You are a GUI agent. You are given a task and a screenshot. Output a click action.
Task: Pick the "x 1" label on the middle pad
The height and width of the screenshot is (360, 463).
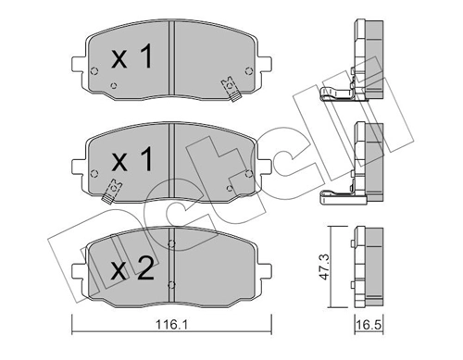click(x=131, y=159)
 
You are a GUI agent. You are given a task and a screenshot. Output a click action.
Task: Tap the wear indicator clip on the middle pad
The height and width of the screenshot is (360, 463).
click(x=113, y=190)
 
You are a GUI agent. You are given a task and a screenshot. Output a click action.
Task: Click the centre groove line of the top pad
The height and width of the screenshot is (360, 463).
click(x=172, y=65)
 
